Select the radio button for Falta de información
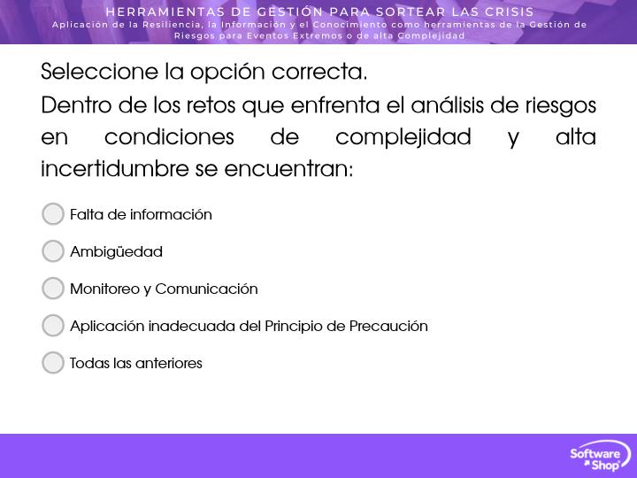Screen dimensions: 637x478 (x=53, y=214)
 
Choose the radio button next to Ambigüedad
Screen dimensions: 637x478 (x=53, y=251)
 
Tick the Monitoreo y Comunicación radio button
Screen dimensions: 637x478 (x=53, y=289)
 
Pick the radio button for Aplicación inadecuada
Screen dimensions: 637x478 (x=53, y=326)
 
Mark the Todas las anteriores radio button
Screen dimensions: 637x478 (x=53, y=363)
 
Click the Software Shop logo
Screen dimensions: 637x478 (x=600, y=456)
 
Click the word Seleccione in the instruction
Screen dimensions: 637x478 (x=99, y=72)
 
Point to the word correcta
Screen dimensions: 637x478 (x=319, y=72)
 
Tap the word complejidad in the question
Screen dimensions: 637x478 (x=403, y=136)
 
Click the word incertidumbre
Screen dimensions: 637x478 (x=115, y=168)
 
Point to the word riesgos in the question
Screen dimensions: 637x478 (x=561, y=105)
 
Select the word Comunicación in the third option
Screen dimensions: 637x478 (x=206, y=289)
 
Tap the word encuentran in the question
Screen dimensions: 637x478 (x=288, y=169)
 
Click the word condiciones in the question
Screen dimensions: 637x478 (x=169, y=136)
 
